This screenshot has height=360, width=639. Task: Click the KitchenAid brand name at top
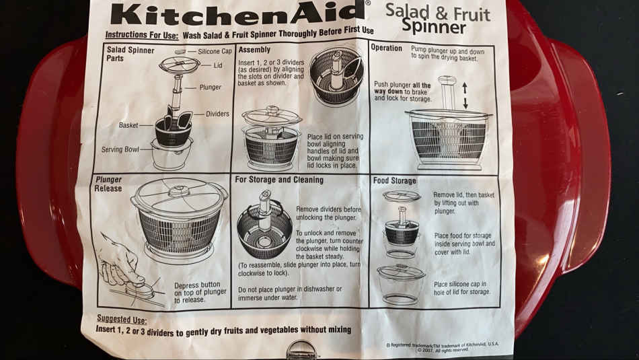click(x=237, y=14)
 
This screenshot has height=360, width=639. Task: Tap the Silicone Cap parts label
click(x=215, y=51)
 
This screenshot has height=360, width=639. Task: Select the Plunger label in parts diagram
click(x=211, y=87)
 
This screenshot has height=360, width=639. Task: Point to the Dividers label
click(x=217, y=114)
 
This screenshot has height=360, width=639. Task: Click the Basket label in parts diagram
click(x=128, y=125)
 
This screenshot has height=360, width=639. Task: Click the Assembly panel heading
click(x=254, y=50)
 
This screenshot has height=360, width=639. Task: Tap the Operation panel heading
click(x=386, y=48)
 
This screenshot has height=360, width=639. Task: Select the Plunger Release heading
click(x=108, y=184)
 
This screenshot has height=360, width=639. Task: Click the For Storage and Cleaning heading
click(x=279, y=180)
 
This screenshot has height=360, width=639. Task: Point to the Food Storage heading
click(x=394, y=180)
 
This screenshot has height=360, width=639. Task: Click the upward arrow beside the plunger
click(x=465, y=88)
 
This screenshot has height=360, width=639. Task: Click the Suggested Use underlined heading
click(x=122, y=319)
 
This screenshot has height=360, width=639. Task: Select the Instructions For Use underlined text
click(x=142, y=35)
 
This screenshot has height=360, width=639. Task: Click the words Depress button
click(x=197, y=285)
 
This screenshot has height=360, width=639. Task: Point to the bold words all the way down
click(x=403, y=88)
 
